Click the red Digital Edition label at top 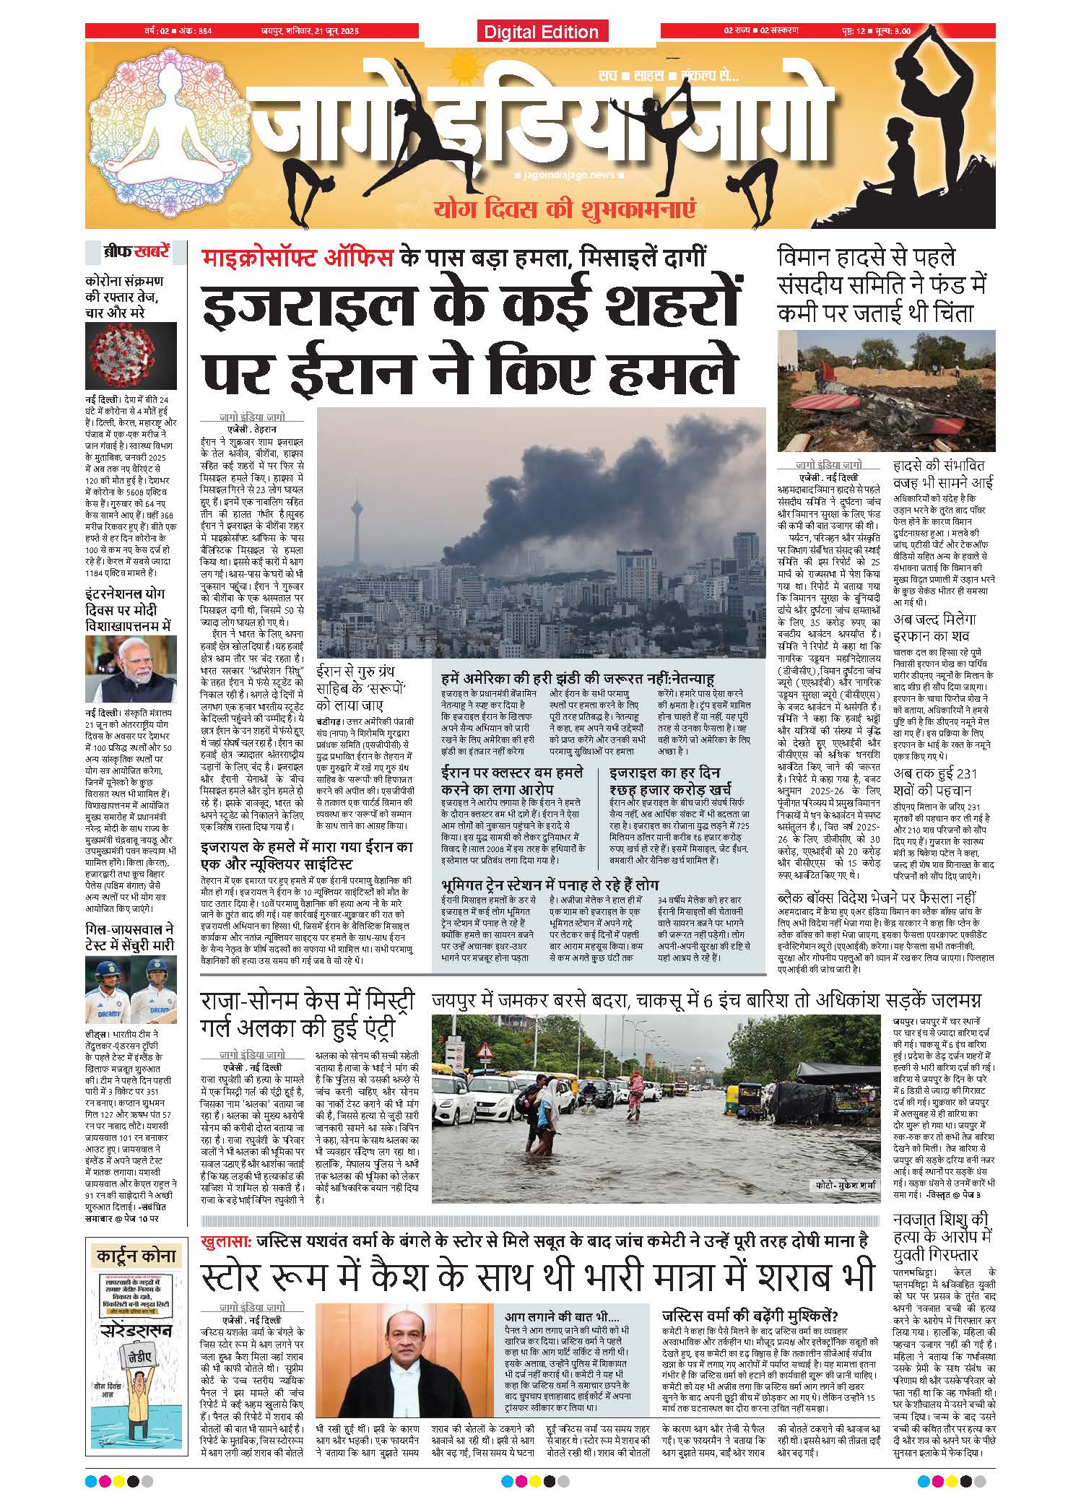pyautogui.click(x=542, y=32)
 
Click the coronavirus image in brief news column pyautogui.click(x=130, y=355)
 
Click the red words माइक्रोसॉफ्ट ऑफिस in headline pyautogui.click(x=298, y=257)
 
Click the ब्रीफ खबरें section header pyautogui.click(x=136, y=253)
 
